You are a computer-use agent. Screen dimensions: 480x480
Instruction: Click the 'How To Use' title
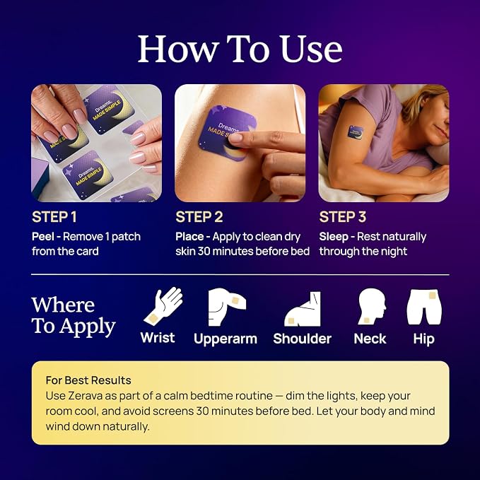click(240, 49)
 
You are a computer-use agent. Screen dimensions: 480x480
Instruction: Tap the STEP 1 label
click(54, 217)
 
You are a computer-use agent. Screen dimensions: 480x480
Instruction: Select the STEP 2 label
click(199, 217)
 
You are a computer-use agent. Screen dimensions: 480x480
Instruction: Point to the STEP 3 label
click(343, 217)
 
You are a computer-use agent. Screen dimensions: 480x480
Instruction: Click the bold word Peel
click(43, 237)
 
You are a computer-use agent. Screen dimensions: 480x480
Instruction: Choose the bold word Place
click(189, 237)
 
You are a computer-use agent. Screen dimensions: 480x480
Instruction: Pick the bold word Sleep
click(334, 237)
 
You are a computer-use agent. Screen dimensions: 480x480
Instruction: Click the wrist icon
click(163, 306)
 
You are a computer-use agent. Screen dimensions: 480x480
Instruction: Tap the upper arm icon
click(226, 307)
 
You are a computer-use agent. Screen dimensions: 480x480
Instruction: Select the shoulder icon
click(303, 309)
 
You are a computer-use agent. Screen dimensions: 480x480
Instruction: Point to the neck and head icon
click(372, 306)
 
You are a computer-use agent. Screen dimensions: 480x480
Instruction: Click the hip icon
click(424, 307)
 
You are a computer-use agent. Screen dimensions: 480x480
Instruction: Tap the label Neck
click(370, 339)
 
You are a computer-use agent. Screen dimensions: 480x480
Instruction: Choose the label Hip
click(423, 339)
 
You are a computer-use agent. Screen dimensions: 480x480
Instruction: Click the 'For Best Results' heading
click(88, 380)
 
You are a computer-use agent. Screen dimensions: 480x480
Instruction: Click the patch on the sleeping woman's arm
click(356, 133)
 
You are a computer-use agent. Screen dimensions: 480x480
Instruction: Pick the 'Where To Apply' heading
click(74, 316)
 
